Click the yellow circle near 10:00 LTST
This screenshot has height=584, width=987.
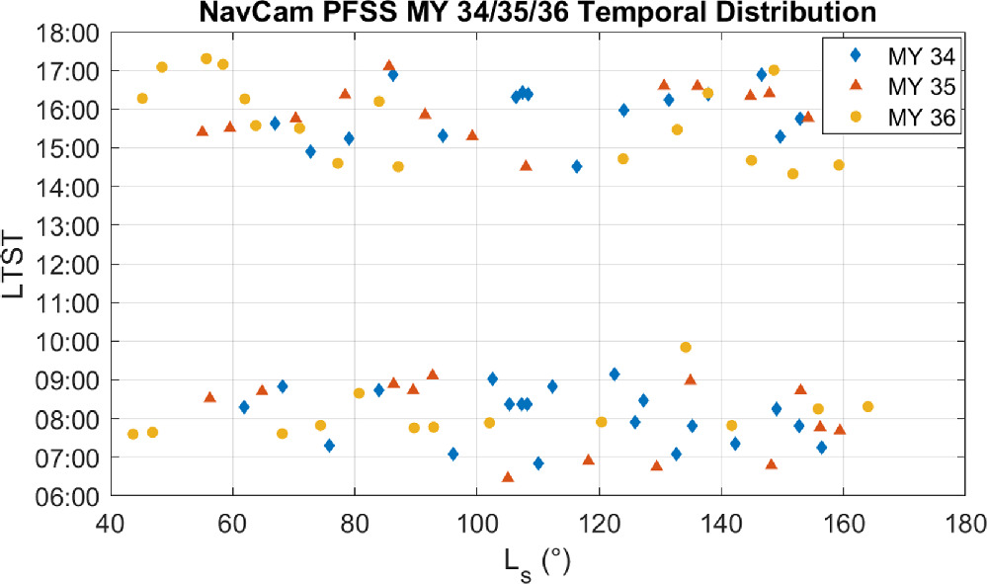[x=686, y=347]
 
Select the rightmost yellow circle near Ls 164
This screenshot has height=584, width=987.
[x=867, y=406]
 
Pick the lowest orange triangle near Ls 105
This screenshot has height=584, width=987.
[x=508, y=476]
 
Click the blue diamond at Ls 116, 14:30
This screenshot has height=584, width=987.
[x=577, y=167]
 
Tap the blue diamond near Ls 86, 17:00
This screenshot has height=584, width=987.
[x=393, y=74]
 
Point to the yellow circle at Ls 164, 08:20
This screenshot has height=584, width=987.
[x=867, y=406]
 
